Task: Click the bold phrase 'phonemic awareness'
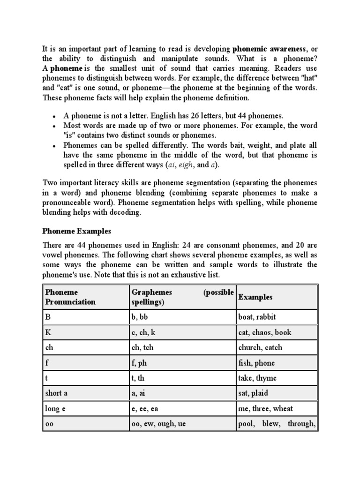tap(269, 49)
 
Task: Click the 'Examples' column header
tap(255, 297)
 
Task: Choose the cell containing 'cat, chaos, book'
tap(264, 332)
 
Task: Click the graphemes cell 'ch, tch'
tap(144, 348)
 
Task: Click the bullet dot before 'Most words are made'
tap(54, 127)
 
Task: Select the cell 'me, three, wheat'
tap(266, 409)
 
